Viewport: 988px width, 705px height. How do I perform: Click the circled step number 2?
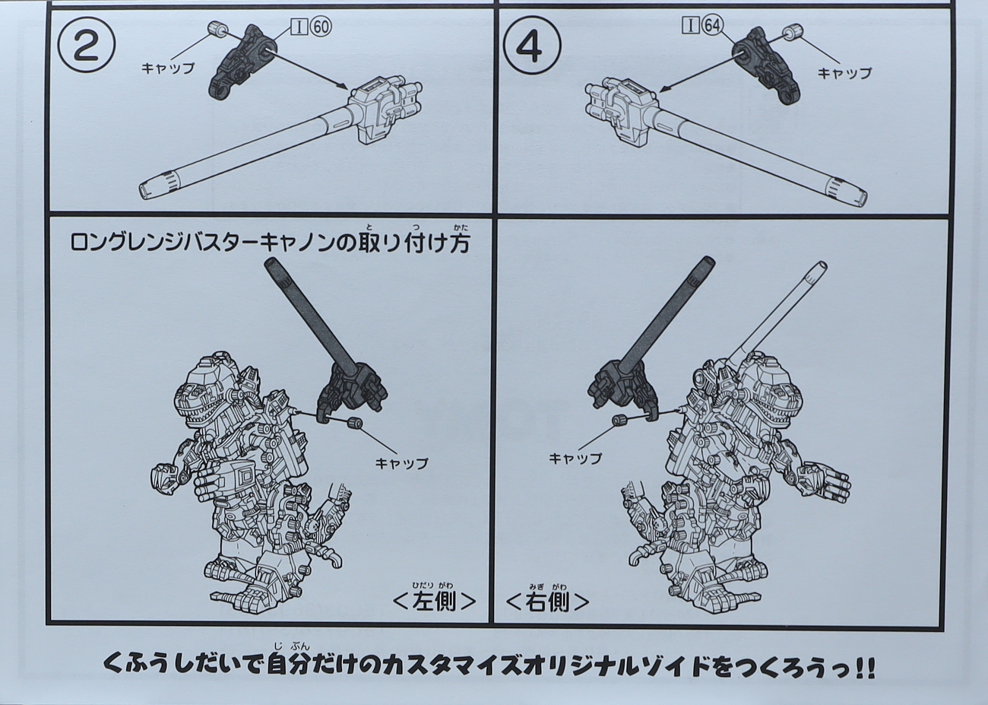87,46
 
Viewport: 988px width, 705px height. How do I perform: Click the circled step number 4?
533,46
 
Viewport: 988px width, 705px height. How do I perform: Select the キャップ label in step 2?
168,68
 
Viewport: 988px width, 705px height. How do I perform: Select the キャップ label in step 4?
844,73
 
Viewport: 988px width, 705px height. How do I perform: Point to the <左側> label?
433,601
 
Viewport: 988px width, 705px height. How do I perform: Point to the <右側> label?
548,601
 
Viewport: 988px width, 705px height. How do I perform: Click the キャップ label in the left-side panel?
401,463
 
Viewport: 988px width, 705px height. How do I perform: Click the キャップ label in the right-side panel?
575,459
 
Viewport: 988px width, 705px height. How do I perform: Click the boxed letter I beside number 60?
299,27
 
